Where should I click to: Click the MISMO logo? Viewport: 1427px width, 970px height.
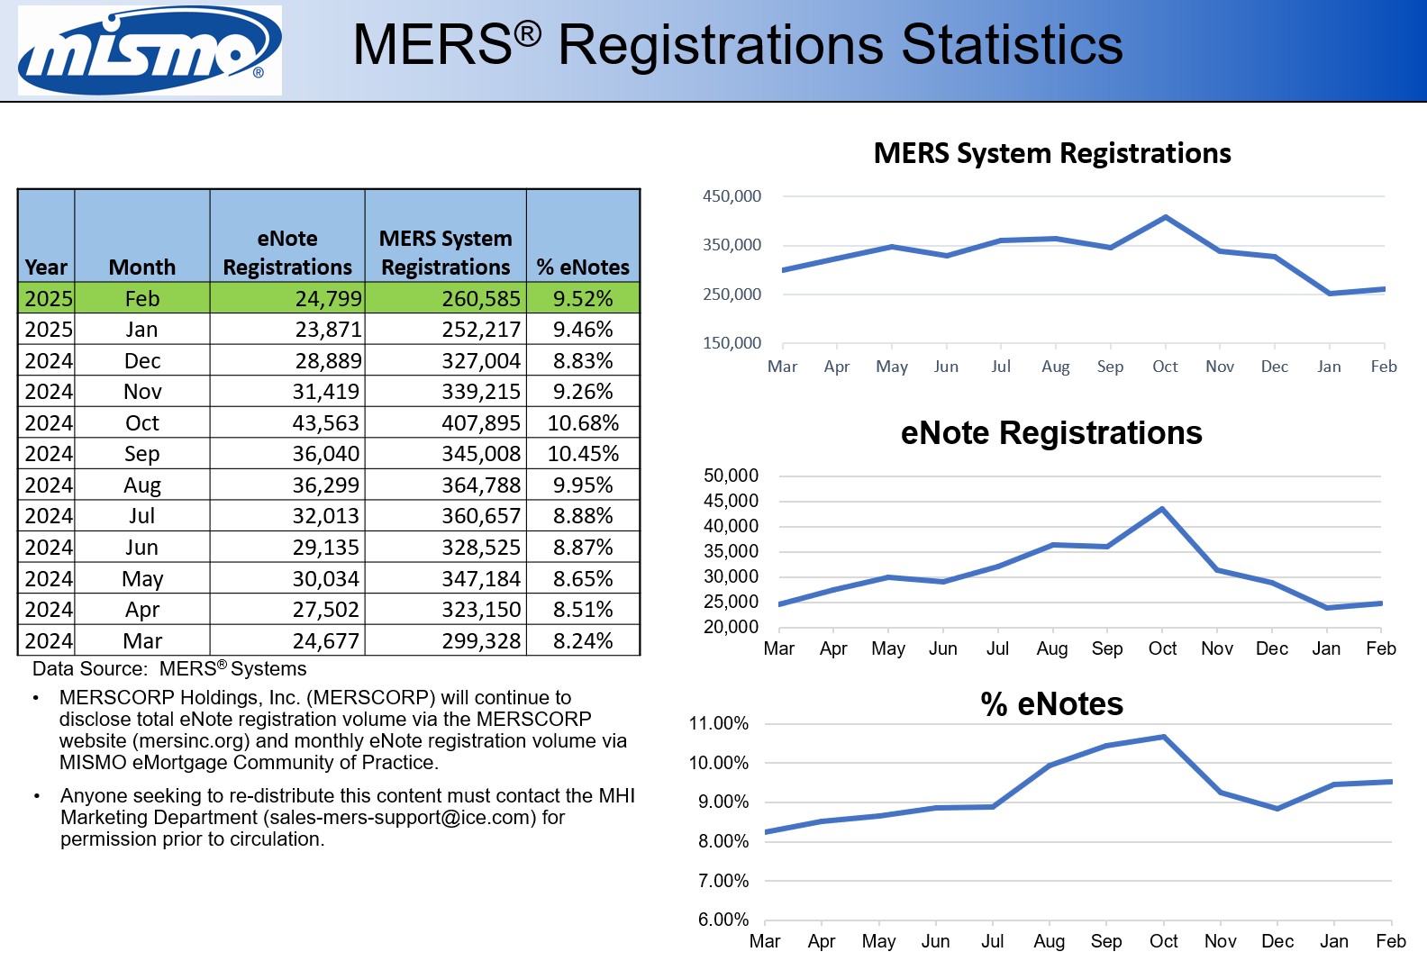(x=150, y=50)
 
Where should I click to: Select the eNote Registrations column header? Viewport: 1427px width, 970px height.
(x=287, y=253)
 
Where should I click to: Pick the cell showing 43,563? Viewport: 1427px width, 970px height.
(x=325, y=422)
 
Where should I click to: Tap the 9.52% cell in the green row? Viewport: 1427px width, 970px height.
(x=583, y=298)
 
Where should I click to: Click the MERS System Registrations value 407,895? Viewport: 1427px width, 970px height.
(x=481, y=422)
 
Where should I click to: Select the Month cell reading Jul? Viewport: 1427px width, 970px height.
(x=142, y=516)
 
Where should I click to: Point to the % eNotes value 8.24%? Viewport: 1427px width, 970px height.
(x=583, y=640)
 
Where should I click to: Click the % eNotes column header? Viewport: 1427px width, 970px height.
(x=583, y=267)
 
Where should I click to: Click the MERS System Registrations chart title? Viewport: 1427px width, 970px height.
(x=1051, y=153)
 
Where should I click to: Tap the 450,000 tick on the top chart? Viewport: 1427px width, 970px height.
(x=732, y=196)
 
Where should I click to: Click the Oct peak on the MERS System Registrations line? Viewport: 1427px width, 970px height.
(x=1166, y=217)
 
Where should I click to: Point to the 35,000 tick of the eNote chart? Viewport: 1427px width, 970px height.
(x=731, y=551)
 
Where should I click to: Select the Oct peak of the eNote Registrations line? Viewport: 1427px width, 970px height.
(x=1162, y=509)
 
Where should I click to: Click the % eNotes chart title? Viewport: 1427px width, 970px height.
(x=1051, y=703)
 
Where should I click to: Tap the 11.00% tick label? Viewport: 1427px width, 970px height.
(x=718, y=723)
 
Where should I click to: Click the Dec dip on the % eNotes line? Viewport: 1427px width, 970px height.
(x=1277, y=808)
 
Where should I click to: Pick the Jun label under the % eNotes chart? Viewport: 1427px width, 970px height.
(x=935, y=941)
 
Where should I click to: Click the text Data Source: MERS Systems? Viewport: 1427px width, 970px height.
(x=169, y=668)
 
